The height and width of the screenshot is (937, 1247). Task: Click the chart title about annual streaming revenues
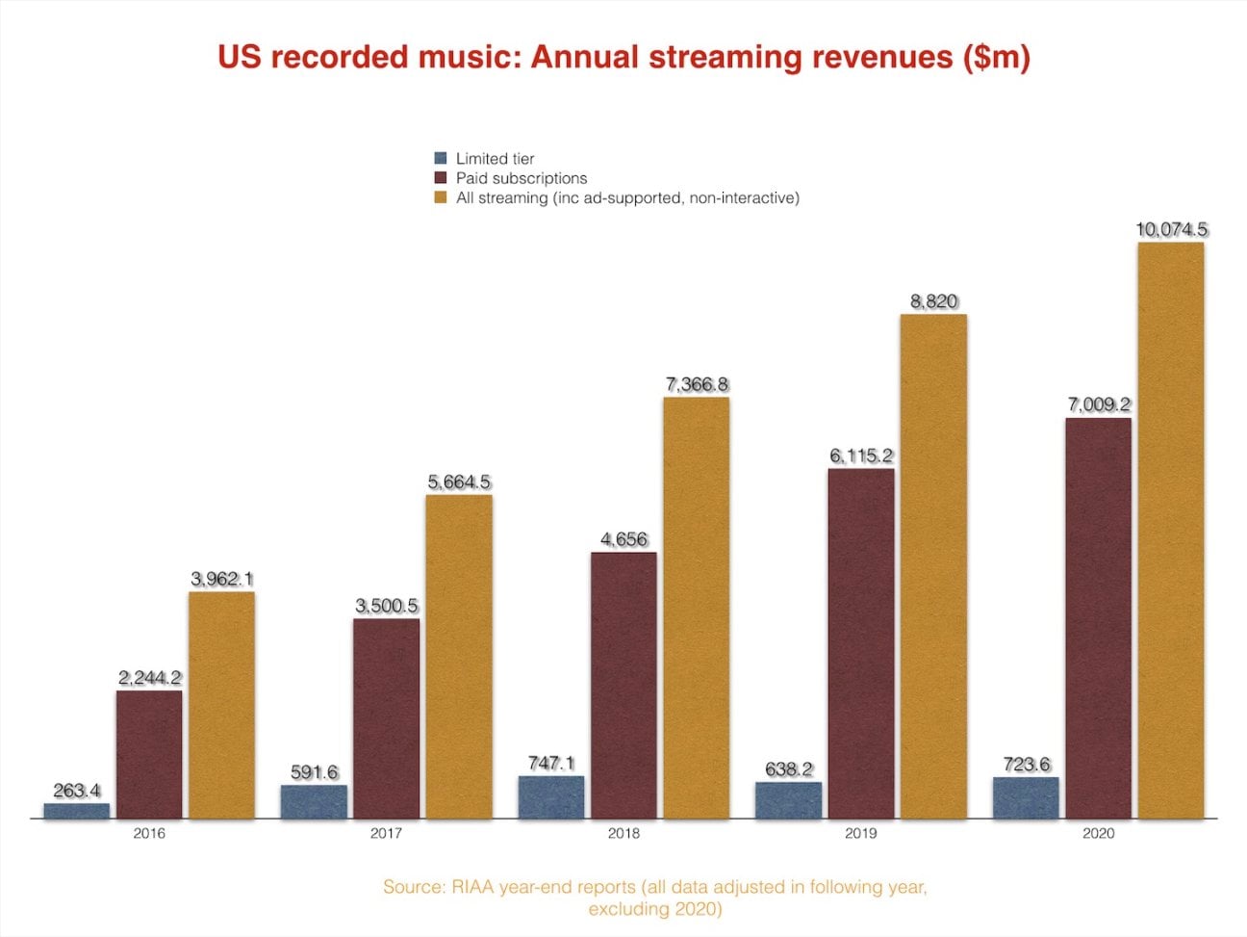pos(623,57)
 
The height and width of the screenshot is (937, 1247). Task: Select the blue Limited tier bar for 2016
pos(77,811)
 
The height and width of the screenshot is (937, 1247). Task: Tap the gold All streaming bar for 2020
pos(1170,530)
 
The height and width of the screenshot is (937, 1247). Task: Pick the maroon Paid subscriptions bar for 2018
pos(623,686)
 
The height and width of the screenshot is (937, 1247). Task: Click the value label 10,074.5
pos(1171,230)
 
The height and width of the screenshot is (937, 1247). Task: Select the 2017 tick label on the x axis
pos(386,833)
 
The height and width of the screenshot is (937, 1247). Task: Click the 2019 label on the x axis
pos(860,833)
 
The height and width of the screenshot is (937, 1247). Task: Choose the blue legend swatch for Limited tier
pos(441,159)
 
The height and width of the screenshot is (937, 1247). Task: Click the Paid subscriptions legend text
pos(521,178)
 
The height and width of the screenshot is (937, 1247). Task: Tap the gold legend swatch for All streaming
pos(441,197)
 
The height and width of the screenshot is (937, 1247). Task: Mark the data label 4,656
pos(623,539)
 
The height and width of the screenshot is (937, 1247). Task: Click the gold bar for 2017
pos(459,657)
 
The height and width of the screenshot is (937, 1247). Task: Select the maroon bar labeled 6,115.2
pos(861,643)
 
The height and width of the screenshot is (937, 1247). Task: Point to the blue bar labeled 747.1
pos(551,797)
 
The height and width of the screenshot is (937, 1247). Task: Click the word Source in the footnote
pos(413,887)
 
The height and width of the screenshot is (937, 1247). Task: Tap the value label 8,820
pos(933,301)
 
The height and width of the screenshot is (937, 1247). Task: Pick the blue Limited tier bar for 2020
pos(1026,798)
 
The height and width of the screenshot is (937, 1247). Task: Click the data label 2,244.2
pos(149,678)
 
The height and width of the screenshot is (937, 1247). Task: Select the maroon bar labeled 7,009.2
pos(1098,617)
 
